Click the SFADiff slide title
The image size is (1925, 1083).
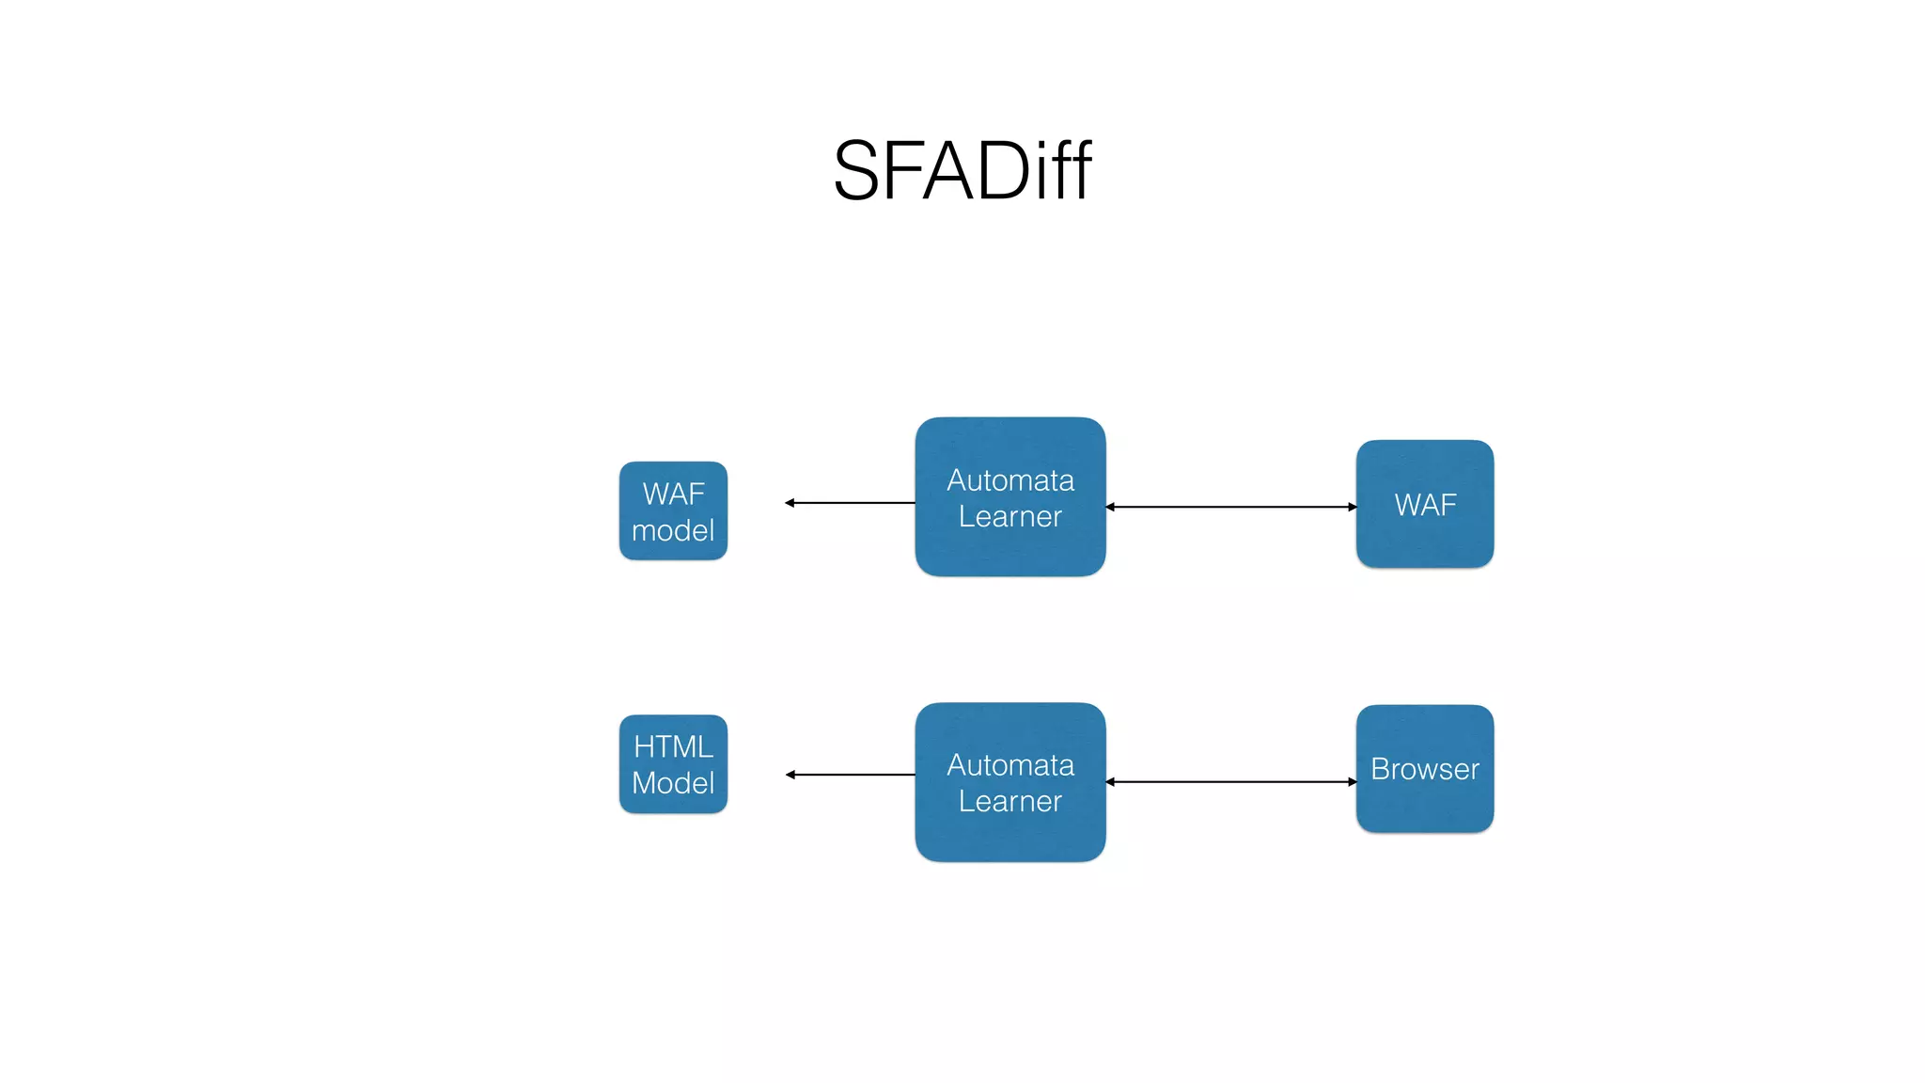[x=962, y=171]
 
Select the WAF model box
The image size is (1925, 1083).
[x=673, y=511]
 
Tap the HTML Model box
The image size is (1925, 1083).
[x=673, y=764]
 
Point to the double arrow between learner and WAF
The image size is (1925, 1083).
[x=1231, y=507]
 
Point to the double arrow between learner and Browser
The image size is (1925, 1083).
[x=1231, y=781]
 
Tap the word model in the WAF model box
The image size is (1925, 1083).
[x=673, y=531]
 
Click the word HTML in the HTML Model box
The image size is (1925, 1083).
[x=673, y=746]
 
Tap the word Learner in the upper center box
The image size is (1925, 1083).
[x=1009, y=517]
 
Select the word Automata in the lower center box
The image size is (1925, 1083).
[x=1009, y=765]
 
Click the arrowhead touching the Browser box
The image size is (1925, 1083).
[x=1352, y=781]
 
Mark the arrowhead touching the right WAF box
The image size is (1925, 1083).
[x=1352, y=507]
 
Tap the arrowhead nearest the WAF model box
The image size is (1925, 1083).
[x=790, y=503]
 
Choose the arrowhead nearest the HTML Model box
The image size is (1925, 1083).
[x=790, y=775]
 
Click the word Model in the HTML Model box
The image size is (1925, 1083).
[x=673, y=783]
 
